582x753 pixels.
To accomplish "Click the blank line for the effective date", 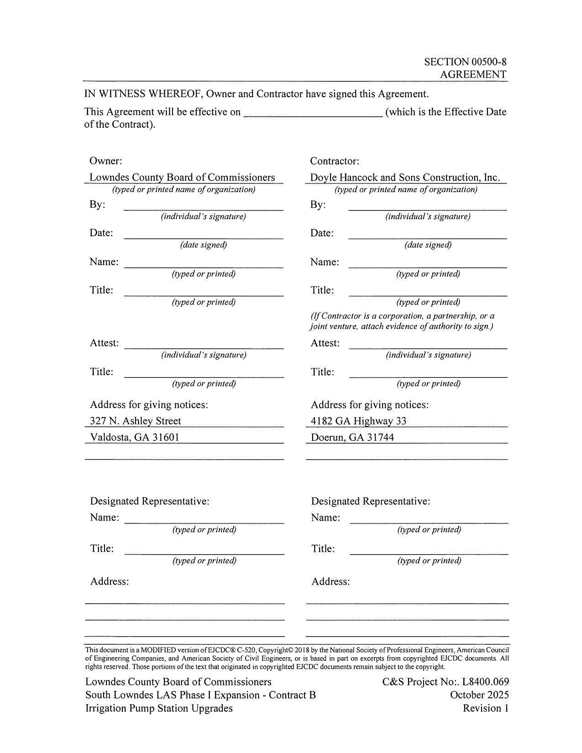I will pyautogui.click(x=313, y=115).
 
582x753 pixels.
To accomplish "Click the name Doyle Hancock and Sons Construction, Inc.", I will pyautogui.click(x=405, y=178).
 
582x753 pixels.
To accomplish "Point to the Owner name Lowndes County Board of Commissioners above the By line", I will pyautogui.click(x=182, y=178).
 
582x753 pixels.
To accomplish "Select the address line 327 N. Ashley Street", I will pyautogui.click(x=136, y=421).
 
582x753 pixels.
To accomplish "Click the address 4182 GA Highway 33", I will pyautogui.click(x=358, y=421).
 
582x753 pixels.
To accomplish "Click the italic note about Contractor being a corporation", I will pyautogui.click(x=402, y=321).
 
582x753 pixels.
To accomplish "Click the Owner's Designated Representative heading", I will pyautogui.click(x=150, y=501).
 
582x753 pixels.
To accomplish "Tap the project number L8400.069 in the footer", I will pyautogui.click(x=485, y=682).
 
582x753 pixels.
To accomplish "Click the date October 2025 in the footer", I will pyautogui.click(x=479, y=695).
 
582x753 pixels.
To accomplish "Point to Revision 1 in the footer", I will pyautogui.click(x=485, y=708).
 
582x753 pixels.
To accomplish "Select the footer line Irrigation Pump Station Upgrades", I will pyautogui.click(x=159, y=708).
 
